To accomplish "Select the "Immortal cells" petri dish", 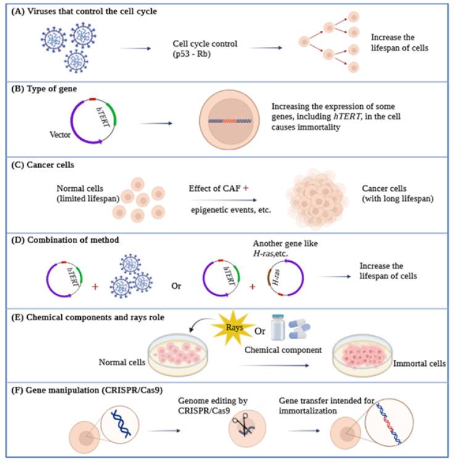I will pyautogui.click(x=362, y=357).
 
